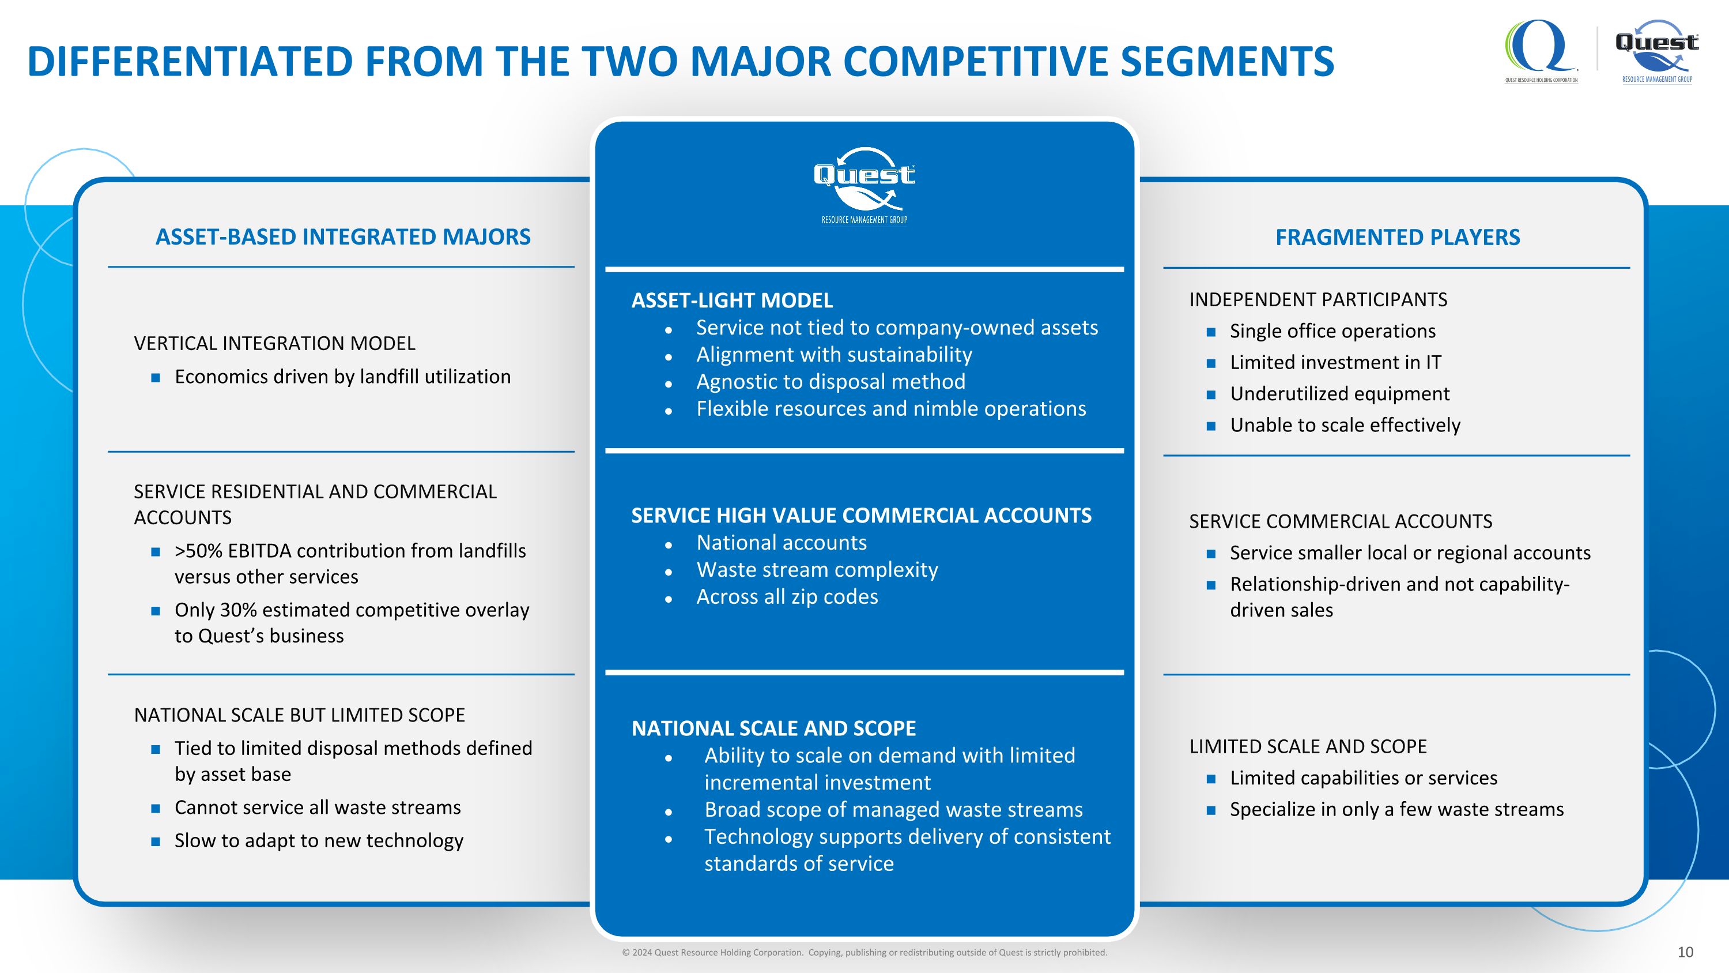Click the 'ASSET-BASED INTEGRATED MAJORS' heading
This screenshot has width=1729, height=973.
click(x=343, y=237)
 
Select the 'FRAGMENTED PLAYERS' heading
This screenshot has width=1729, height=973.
click(x=1398, y=237)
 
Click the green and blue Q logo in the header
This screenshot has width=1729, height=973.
click(x=1541, y=51)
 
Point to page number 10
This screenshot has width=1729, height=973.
click(x=1685, y=952)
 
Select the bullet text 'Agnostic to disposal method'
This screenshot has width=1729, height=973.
click(x=831, y=381)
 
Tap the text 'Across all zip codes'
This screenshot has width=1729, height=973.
click(x=787, y=596)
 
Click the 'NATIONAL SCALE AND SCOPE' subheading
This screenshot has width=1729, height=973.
click(x=774, y=728)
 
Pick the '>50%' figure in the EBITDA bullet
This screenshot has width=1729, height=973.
click(x=199, y=551)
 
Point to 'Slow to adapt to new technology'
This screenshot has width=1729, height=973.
click(x=319, y=841)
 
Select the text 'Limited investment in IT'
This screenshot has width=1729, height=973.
click(x=1336, y=363)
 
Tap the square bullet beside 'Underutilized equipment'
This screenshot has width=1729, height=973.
click(x=1211, y=395)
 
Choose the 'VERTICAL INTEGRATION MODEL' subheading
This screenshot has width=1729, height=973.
click(x=274, y=343)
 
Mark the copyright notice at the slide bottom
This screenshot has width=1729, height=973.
click(x=864, y=952)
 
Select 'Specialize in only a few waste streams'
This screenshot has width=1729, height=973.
click(x=1397, y=809)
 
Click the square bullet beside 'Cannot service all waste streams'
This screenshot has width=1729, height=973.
click(x=156, y=809)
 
